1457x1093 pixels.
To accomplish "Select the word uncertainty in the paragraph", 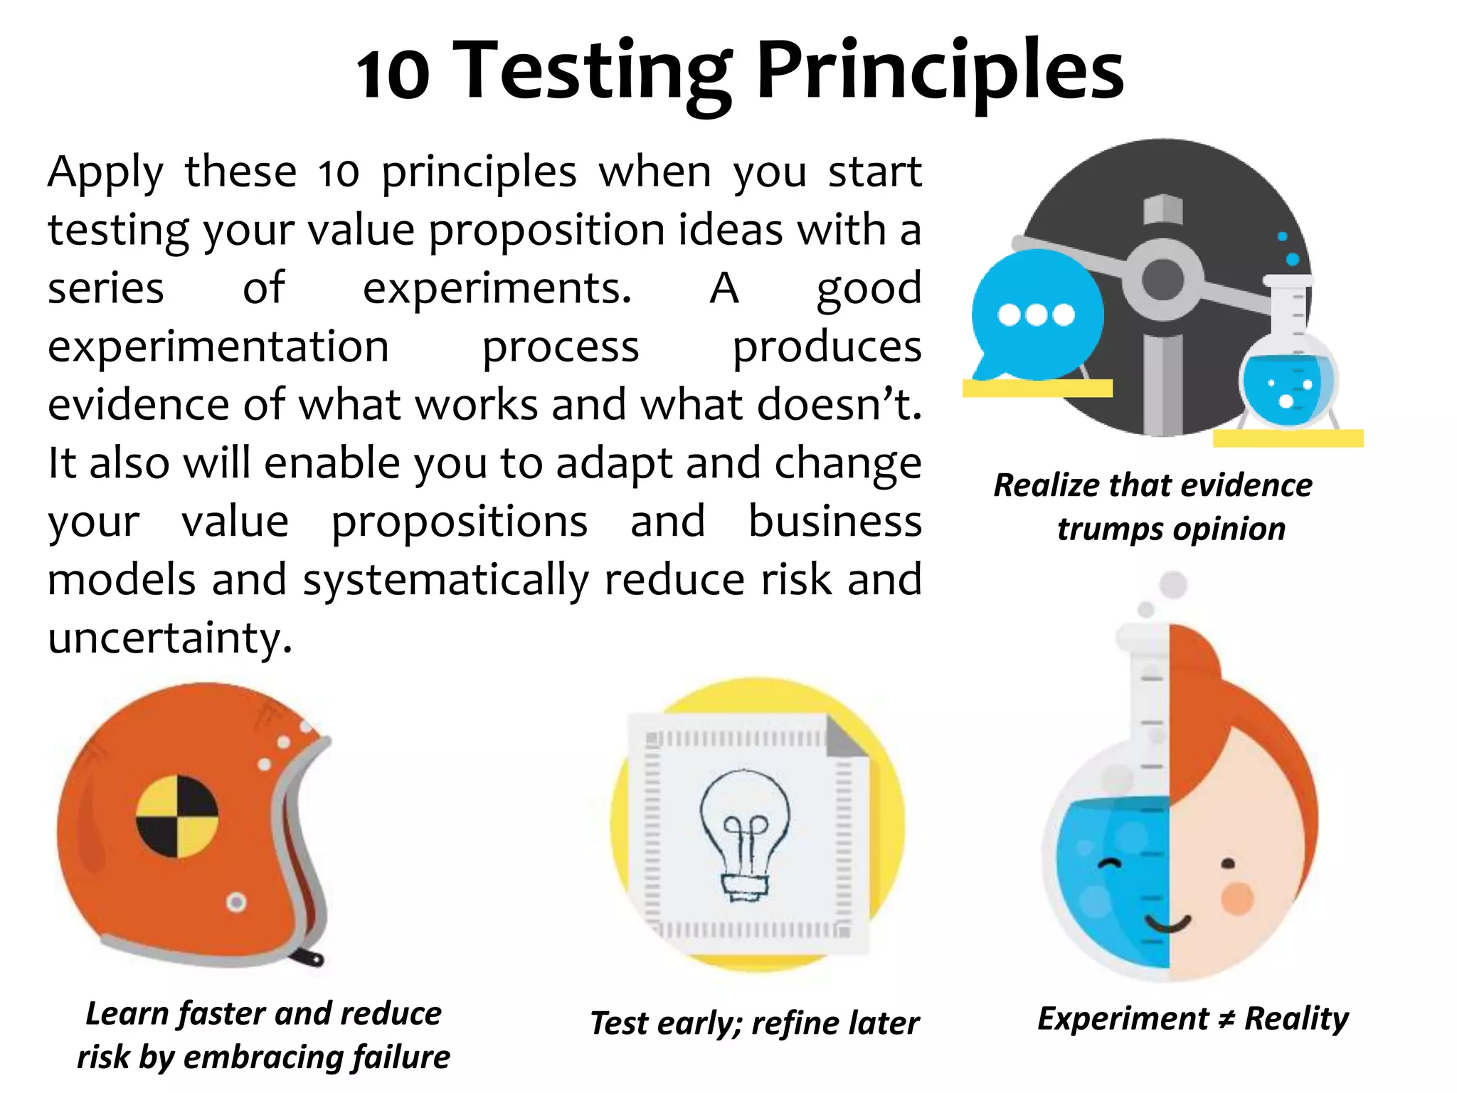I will click(169, 638).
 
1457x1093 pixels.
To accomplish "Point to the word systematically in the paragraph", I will click(445, 580).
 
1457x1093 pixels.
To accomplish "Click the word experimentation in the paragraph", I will click(218, 347).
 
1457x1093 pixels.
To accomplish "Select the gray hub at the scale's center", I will click(1162, 280).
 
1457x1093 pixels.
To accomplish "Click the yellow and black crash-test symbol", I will click(177, 816).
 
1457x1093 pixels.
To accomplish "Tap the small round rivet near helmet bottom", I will click(236, 902).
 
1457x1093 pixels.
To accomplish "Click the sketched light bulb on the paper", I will click(744, 833).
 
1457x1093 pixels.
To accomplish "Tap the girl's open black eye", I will click(1228, 864).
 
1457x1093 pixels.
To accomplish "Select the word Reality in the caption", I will click(1296, 1019).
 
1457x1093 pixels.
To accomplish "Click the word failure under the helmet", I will click(406, 1057).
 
